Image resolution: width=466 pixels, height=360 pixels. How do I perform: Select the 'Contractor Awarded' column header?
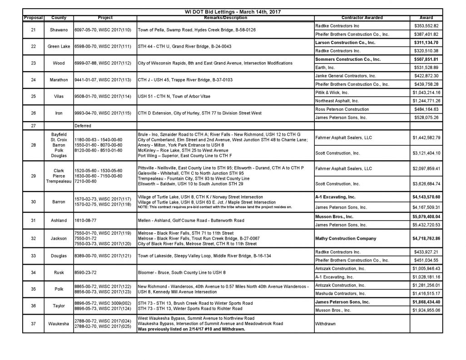pos(362,18)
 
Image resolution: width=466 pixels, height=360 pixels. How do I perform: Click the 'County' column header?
pos(59,18)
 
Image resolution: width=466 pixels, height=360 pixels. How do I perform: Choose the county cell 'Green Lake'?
pos(59,47)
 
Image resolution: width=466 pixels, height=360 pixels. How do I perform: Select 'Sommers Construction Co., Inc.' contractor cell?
pos(348,59)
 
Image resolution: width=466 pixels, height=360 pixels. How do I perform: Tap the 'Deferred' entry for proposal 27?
pos(83,126)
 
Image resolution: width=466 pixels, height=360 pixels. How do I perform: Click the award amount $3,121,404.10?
pos(426,153)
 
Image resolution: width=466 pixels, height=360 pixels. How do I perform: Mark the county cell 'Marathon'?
pos(59,80)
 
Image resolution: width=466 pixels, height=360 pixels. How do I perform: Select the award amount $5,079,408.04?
pos(426,217)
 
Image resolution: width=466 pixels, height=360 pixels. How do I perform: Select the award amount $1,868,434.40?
pos(426,301)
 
